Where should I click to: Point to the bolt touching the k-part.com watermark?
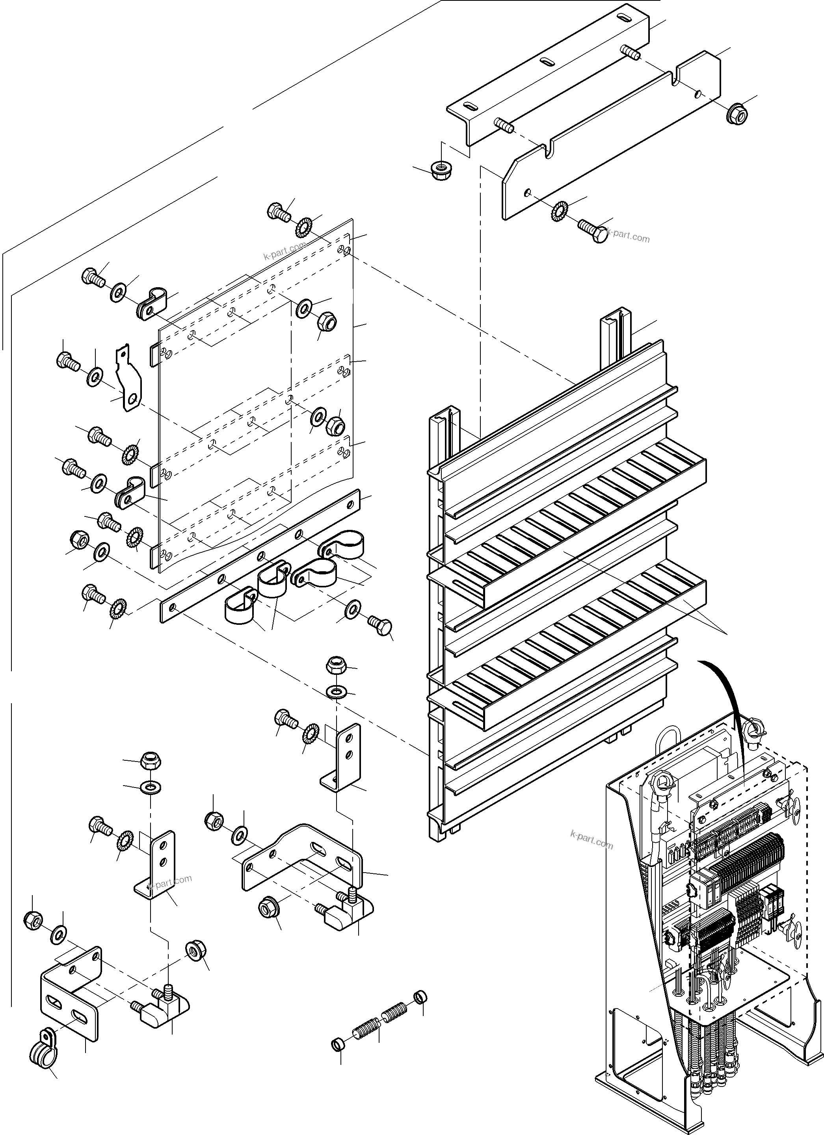click(592, 230)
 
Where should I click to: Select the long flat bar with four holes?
click(260, 555)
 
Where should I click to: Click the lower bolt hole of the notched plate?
click(528, 192)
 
